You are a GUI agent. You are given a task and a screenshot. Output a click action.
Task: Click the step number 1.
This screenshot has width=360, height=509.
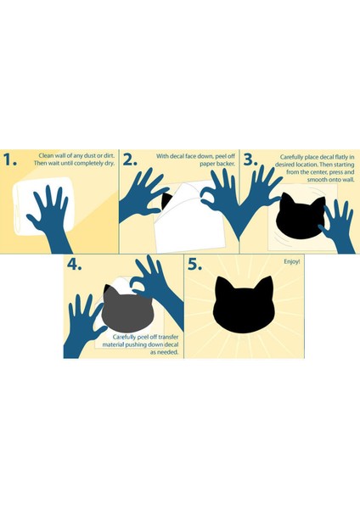click(x=9, y=160)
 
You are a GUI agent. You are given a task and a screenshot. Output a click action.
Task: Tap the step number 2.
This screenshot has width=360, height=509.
click(x=130, y=160)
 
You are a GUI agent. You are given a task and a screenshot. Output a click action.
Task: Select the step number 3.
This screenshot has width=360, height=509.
click(x=250, y=160)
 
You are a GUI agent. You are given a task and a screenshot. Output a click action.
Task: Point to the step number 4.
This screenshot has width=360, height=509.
click(x=75, y=265)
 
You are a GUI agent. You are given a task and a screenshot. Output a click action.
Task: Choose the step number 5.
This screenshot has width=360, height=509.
click(x=194, y=265)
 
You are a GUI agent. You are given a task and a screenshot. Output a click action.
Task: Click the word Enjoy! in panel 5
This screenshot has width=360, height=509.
click(x=292, y=261)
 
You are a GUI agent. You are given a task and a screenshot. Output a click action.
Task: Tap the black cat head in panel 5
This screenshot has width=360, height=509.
click(x=243, y=305)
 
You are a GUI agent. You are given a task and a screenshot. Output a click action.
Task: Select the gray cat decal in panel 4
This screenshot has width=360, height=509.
click(x=127, y=309)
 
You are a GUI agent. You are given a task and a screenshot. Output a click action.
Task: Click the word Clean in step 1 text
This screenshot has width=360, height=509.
click(x=46, y=156)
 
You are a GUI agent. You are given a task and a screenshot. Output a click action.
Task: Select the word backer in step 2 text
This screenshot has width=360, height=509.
click(x=226, y=164)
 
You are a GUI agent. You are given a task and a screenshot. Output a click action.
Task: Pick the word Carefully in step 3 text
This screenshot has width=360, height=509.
click(x=291, y=157)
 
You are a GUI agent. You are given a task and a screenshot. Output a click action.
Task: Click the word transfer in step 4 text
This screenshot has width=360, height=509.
click(x=168, y=338)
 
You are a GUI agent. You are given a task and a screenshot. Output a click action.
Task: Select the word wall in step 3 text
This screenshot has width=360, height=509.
click(x=349, y=180)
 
